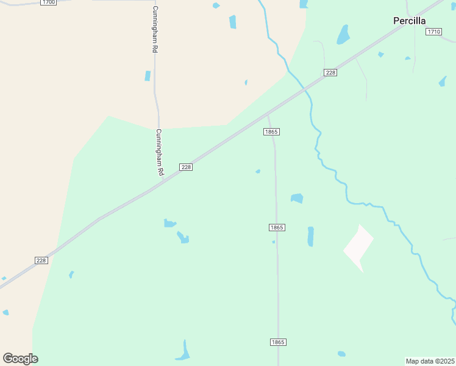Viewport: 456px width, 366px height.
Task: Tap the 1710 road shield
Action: (x=433, y=32)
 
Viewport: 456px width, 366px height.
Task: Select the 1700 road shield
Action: (x=49, y=2)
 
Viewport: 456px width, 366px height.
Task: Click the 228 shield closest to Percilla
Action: (x=330, y=73)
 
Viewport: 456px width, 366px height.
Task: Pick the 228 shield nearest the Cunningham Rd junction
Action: (x=186, y=167)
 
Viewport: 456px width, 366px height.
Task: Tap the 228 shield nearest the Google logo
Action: (x=41, y=260)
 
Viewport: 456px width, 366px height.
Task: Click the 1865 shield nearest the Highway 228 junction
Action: (x=271, y=132)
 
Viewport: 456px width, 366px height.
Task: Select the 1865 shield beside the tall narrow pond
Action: (x=277, y=228)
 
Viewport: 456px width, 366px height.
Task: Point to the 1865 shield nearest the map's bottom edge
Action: (x=277, y=342)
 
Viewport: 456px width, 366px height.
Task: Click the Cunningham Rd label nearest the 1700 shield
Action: (x=155, y=30)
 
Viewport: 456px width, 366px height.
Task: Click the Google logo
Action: (x=20, y=359)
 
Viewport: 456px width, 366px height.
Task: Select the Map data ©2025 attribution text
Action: (x=430, y=361)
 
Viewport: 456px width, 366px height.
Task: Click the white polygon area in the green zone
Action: (x=358, y=248)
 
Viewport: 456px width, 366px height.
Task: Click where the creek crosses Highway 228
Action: (x=305, y=89)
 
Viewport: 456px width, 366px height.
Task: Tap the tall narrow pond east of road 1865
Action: (x=310, y=237)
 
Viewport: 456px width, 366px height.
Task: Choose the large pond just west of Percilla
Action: (x=343, y=35)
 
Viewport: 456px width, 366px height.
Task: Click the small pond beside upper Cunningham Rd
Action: (x=148, y=76)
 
